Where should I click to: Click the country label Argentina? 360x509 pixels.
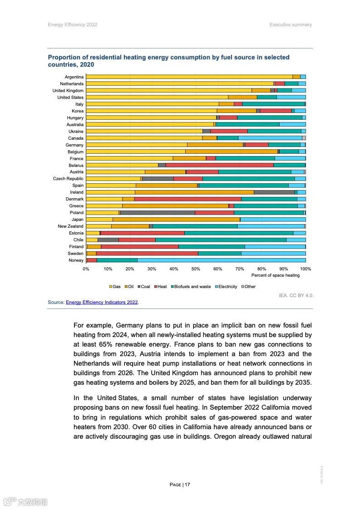tap(74, 77)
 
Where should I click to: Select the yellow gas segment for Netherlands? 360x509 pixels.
tap(179, 84)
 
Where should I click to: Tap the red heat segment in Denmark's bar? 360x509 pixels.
tap(187, 199)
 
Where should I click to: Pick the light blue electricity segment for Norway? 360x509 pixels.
tap(221, 260)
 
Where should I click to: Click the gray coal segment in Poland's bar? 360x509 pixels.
tap(157, 213)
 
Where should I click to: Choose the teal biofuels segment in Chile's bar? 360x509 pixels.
tap(221, 240)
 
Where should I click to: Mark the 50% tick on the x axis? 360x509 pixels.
tap(196, 269)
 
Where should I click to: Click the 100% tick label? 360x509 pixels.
tap(306, 269)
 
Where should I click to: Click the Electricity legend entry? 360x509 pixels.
tap(226, 287)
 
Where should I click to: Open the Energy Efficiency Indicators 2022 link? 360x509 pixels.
tap(102, 302)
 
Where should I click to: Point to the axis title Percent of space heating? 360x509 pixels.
tap(276, 275)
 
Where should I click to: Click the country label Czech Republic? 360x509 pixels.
tap(68, 179)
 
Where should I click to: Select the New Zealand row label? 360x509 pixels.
tap(70, 226)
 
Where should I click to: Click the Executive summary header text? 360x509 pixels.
tap(291, 24)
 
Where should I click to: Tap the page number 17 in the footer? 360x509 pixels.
tap(187, 485)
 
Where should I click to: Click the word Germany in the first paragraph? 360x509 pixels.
tap(131, 325)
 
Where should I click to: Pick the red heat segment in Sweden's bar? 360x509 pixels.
tap(147, 254)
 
